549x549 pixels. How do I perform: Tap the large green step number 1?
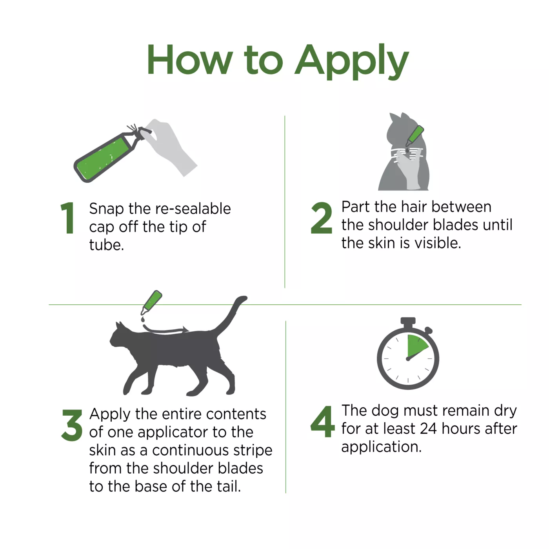[x=67, y=218]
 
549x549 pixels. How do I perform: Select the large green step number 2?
[x=322, y=218]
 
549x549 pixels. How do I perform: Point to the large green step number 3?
[x=72, y=425]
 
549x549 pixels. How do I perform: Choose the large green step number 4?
[x=322, y=422]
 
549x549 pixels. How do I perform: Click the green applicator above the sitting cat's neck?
[x=414, y=136]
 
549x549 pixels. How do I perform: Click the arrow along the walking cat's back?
[x=165, y=331]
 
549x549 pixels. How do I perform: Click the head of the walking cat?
[x=121, y=336]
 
